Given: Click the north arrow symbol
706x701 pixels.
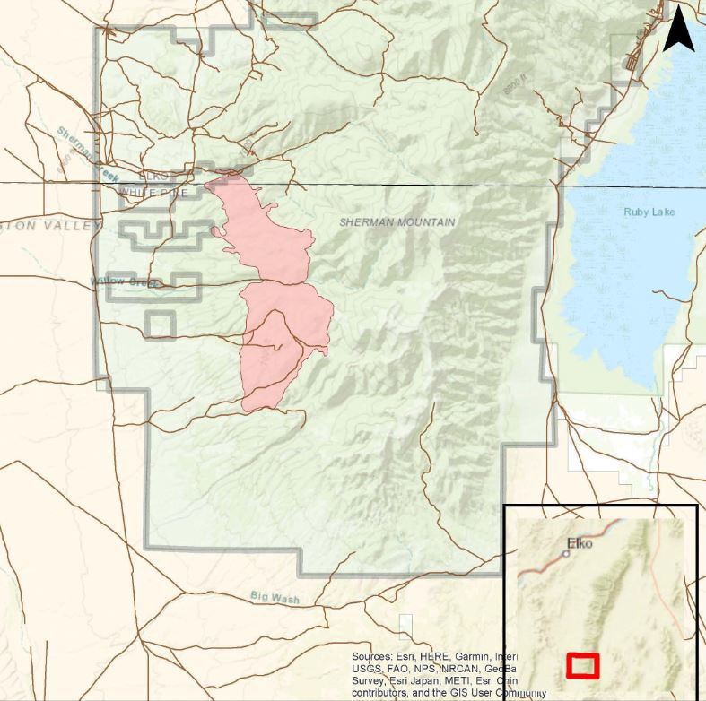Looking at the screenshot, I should pos(679,32).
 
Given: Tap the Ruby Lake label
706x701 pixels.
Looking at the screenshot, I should pos(649,212).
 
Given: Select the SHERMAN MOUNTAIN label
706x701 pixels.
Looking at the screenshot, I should pos(397,221).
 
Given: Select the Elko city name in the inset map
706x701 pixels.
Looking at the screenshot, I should pos(580,542).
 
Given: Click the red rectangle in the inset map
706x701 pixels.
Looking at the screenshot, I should pos(583,665).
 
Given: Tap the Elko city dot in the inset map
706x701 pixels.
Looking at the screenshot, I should pos(566,554).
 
